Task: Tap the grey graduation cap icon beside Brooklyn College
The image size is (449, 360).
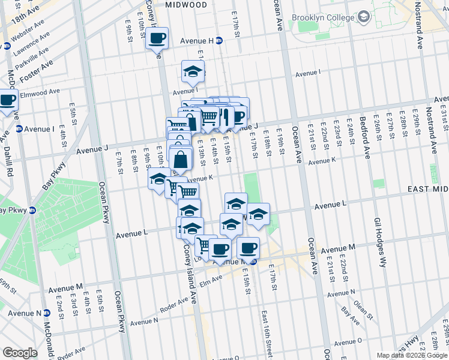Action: tap(363, 17)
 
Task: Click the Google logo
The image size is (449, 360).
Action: tap(20, 353)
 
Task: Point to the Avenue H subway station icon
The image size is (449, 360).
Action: tap(219, 41)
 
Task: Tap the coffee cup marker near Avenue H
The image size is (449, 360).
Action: tap(157, 38)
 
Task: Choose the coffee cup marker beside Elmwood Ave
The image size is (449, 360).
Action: tap(7, 100)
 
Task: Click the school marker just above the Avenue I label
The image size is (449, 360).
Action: tap(193, 71)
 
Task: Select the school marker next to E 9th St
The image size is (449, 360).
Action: tap(159, 178)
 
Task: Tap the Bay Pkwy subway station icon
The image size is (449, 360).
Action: tap(34, 210)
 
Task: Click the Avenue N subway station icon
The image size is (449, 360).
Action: tap(47, 313)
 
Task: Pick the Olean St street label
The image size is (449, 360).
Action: tap(361, 308)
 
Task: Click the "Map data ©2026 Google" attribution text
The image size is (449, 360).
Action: tap(412, 355)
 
